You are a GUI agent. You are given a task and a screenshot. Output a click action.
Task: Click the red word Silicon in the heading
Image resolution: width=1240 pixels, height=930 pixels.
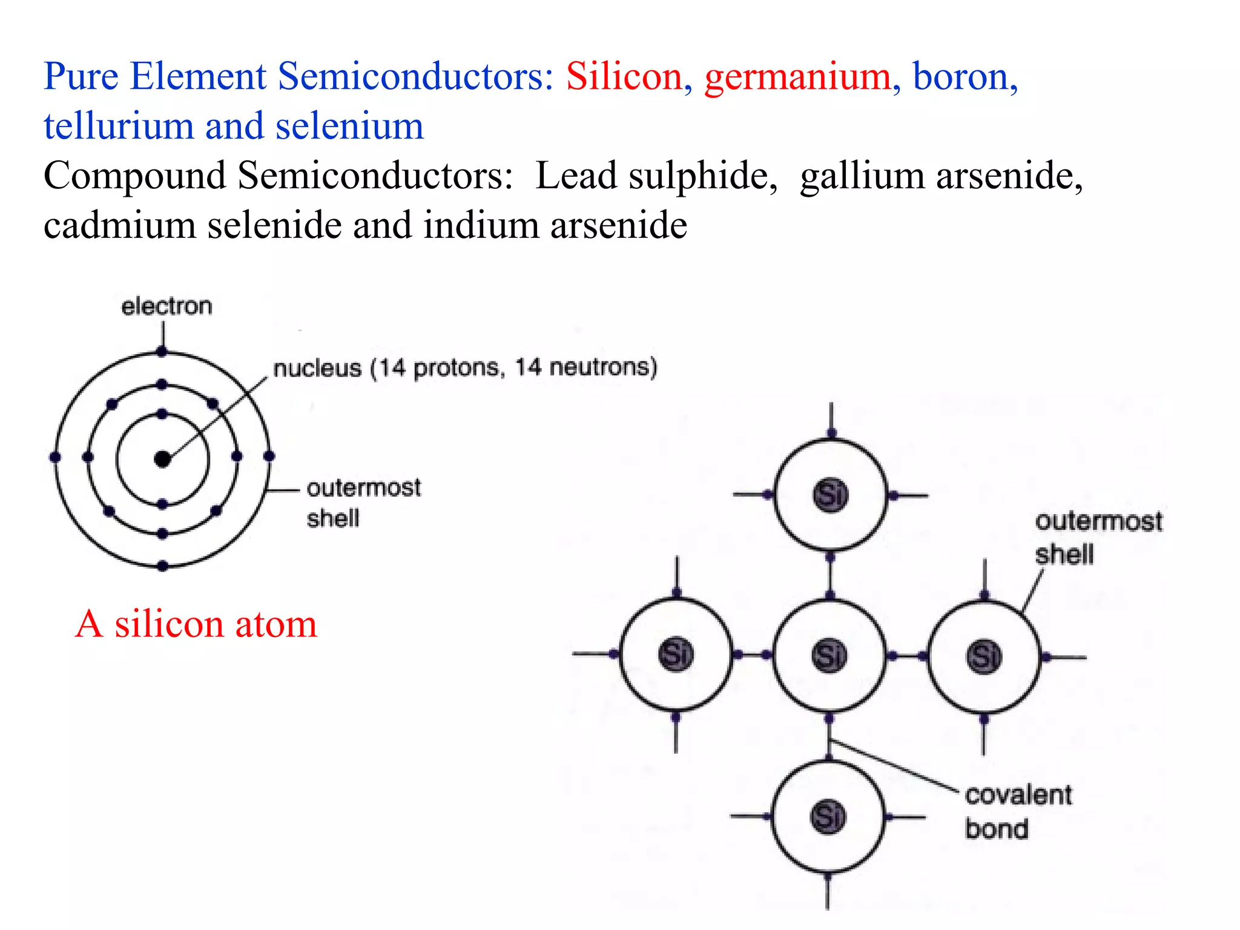[624, 77]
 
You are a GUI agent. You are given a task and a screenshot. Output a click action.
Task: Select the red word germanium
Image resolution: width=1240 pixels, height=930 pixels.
[797, 78]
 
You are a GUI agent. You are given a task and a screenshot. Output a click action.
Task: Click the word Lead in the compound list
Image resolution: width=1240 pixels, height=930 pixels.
[576, 176]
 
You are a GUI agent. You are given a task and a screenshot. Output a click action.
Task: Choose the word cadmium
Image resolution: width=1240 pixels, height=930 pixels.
[119, 226]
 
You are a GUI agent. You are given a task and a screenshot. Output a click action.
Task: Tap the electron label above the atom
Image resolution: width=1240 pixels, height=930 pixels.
[167, 306]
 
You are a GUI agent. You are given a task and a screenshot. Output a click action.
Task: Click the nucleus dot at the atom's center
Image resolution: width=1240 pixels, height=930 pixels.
[162, 460]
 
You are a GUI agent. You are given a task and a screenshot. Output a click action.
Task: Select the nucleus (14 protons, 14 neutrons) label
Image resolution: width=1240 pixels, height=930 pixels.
[465, 368]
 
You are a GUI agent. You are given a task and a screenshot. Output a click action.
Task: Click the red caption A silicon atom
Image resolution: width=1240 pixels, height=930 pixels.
[196, 624]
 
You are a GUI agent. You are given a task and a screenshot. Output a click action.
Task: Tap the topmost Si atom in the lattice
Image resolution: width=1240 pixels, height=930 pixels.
[830, 495]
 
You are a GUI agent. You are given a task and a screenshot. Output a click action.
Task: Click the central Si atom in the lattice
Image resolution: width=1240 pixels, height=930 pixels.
[829, 655]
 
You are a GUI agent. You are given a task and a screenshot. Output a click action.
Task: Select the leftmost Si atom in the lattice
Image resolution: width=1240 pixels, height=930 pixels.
[676, 655]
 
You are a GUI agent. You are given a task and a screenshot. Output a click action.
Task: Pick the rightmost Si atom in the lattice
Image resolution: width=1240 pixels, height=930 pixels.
[984, 656]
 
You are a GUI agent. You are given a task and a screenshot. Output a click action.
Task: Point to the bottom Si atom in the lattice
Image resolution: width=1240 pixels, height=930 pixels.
[828, 817]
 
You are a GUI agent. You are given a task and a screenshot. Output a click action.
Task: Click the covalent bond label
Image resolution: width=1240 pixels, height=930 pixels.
[1018, 811]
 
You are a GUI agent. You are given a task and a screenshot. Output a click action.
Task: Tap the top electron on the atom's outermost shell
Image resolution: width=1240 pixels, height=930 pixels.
[162, 351]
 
